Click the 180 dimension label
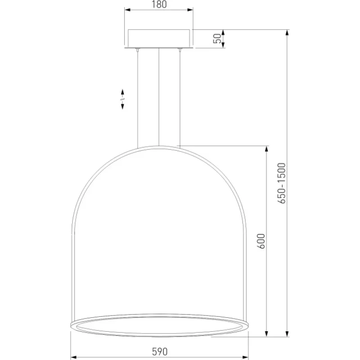point(159,4)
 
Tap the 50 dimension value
point(217,38)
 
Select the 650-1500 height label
point(282,183)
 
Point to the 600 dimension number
point(261,241)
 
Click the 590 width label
point(160,351)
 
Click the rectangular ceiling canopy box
point(159,39)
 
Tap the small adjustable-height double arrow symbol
point(122,99)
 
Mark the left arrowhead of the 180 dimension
point(127,10)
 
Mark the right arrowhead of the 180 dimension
point(190,10)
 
